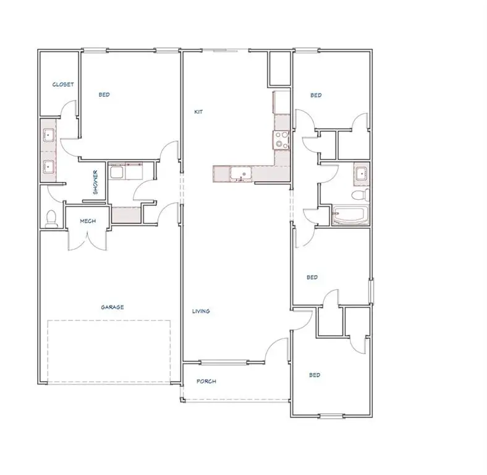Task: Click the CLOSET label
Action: [x=63, y=85]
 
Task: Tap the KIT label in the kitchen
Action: [x=198, y=112]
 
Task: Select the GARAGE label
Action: [x=112, y=307]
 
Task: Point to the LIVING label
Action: [x=201, y=311]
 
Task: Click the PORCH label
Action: [x=206, y=382]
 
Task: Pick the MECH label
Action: [x=87, y=221]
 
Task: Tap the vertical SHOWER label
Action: [x=95, y=182]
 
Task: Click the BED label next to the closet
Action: [x=104, y=95]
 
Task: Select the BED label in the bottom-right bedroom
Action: [x=315, y=375]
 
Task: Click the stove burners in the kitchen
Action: [x=281, y=140]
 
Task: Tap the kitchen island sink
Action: [x=240, y=174]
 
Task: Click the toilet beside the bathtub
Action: [x=358, y=196]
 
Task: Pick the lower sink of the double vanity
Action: [x=48, y=166]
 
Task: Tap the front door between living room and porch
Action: [x=276, y=350]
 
